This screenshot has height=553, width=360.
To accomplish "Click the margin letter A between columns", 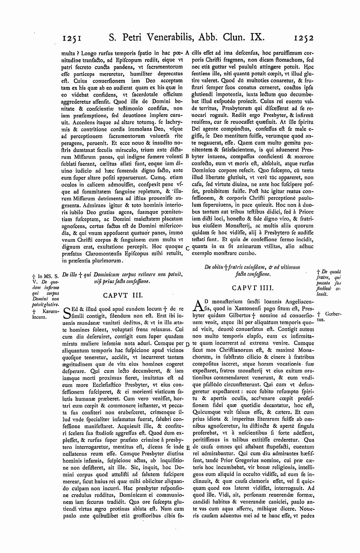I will [x=187, y=53].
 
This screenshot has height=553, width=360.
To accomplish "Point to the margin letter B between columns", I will [x=187, y=156].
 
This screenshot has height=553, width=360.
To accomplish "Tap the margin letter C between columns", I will [x=187, y=248].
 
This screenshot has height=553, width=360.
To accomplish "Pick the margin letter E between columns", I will [x=187, y=447].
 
